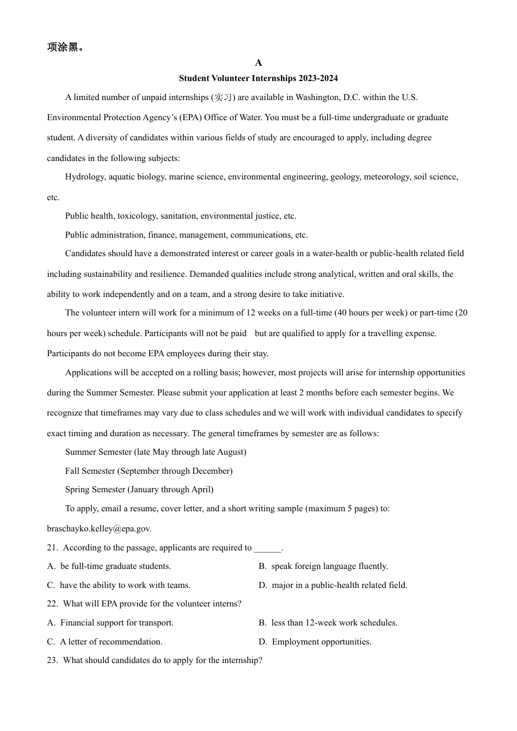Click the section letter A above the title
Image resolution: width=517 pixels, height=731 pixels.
258,63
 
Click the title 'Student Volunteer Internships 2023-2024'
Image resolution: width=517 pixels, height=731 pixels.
258,78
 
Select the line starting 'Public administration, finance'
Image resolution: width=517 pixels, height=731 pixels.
186,235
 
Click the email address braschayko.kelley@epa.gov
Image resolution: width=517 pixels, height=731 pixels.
99,529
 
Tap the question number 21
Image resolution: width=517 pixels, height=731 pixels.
52,548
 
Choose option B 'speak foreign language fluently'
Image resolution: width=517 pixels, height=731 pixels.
329,566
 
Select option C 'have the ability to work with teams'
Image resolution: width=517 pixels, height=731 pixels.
125,585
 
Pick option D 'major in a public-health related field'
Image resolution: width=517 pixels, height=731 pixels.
339,585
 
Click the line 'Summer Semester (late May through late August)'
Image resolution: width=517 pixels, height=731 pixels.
156,452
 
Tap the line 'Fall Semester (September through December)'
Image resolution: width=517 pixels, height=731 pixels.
149,471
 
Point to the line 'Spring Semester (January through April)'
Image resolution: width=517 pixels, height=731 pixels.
139,490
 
